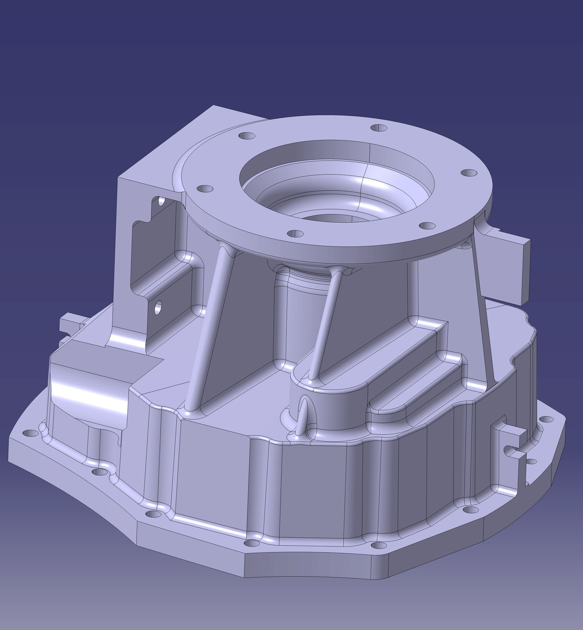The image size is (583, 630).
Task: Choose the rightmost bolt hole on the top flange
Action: pos(469,173)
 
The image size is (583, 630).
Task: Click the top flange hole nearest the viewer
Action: pos(295,234)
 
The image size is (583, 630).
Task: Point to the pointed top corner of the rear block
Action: pos(214,106)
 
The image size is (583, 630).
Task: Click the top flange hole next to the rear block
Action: pos(247,136)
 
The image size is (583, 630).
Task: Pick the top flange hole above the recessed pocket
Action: pos(205,189)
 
